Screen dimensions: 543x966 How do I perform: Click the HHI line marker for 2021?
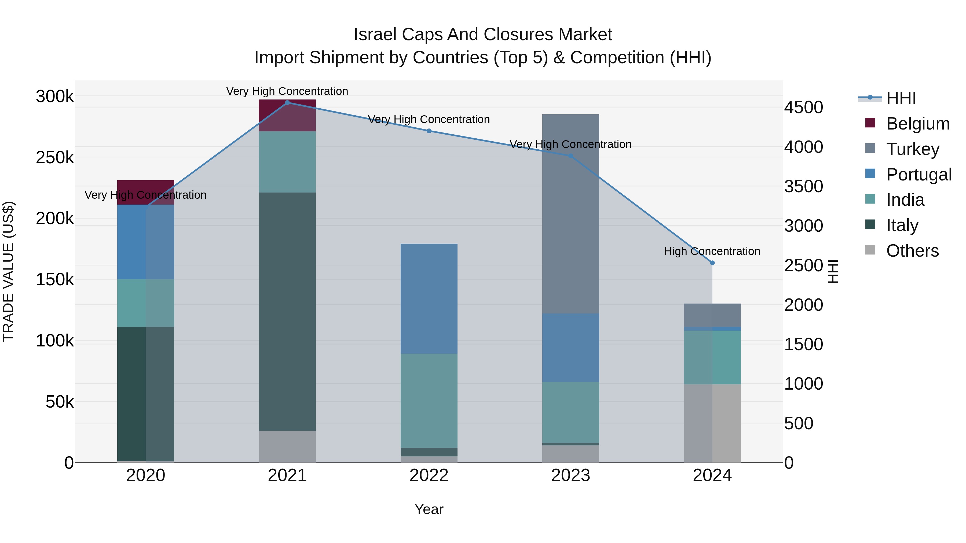point(287,103)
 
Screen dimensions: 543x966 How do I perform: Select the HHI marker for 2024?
point(712,263)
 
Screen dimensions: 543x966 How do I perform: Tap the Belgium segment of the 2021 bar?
point(287,115)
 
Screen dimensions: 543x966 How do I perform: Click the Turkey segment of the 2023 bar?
point(570,214)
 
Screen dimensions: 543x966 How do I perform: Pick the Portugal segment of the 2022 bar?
point(429,299)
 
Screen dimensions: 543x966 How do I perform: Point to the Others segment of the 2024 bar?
point(712,423)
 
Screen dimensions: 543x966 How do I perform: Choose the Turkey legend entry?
point(912,149)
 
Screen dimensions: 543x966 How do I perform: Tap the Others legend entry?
point(912,251)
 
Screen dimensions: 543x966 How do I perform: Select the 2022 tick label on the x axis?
point(429,475)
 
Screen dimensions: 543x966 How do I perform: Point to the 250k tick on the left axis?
point(55,158)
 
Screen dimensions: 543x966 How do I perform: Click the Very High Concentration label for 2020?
point(145,195)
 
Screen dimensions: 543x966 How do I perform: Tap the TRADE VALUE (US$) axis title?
point(8,271)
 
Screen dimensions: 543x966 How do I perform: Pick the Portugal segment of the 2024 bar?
point(712,329)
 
